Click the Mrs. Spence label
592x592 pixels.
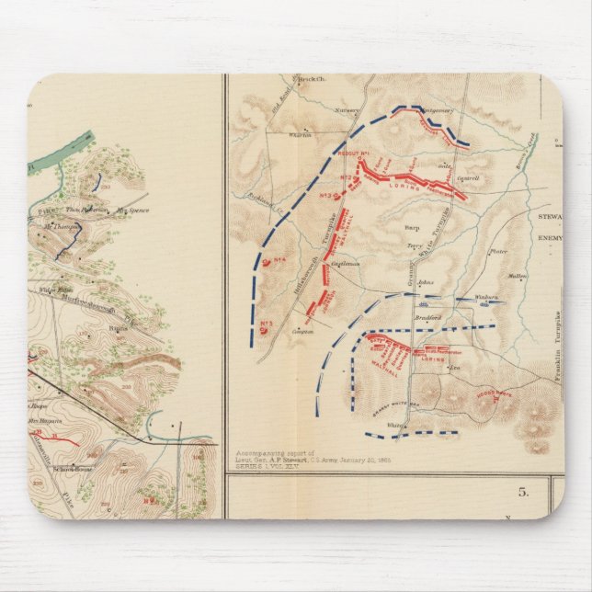click(x=131, y=211)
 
